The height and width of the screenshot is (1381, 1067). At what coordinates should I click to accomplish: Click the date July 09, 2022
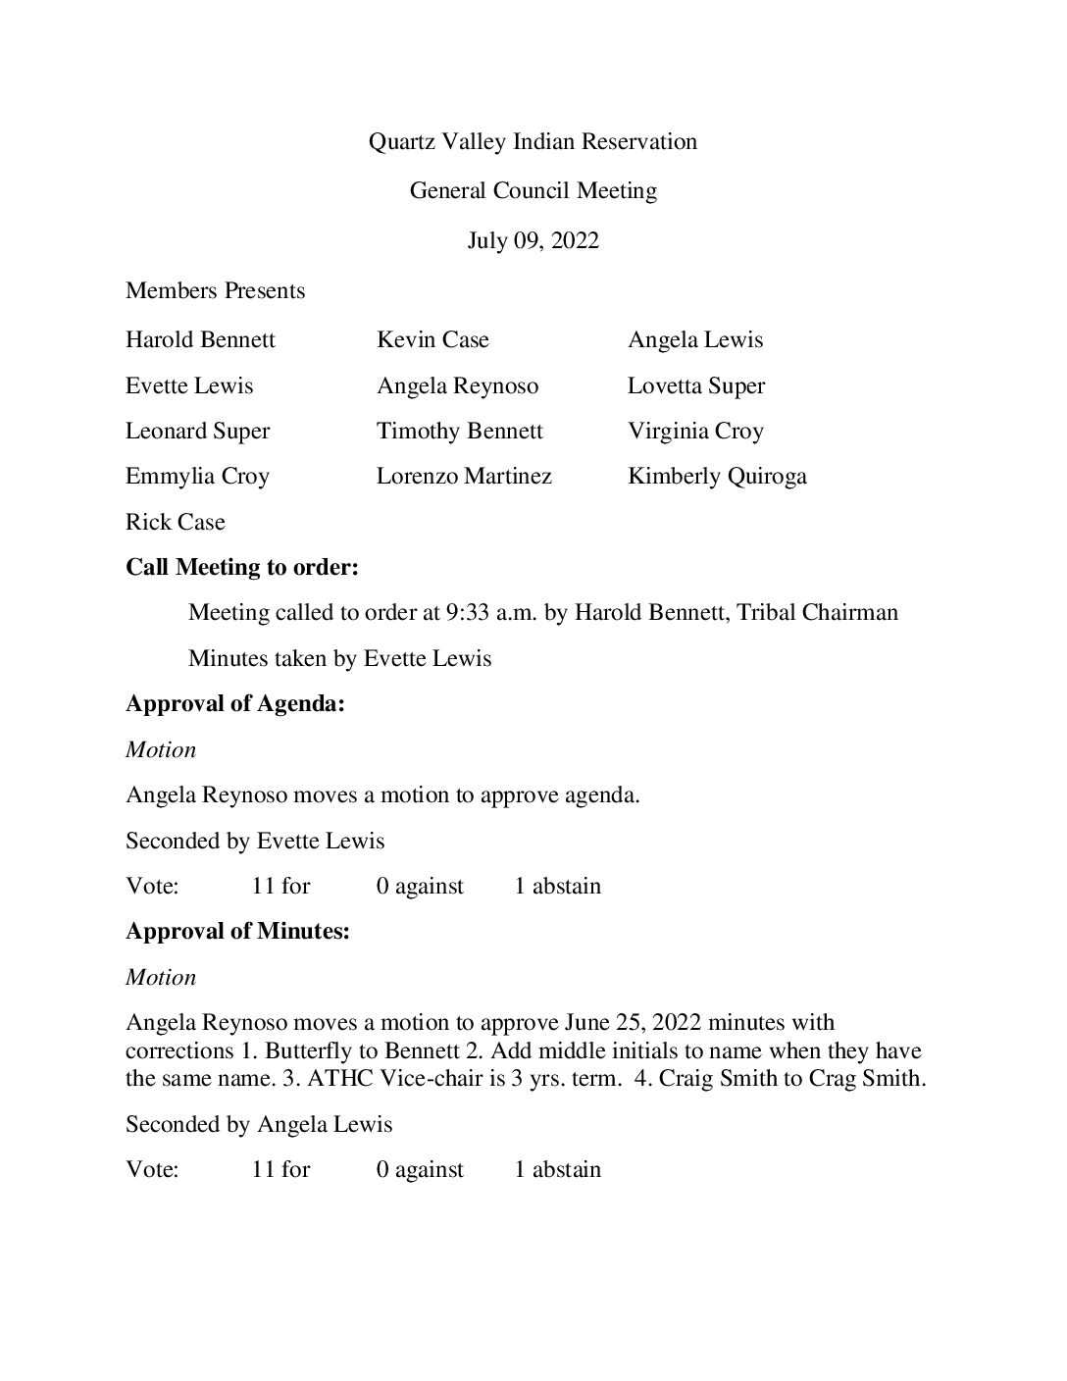533,241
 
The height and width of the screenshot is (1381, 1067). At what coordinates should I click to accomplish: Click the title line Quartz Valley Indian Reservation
533,142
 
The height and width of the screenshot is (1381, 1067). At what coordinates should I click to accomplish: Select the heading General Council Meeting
533,191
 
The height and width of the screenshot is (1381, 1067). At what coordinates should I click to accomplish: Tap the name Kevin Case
432,340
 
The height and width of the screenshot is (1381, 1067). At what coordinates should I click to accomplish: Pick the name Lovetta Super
696,386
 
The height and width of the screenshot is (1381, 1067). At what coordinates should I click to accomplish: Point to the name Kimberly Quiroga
717,477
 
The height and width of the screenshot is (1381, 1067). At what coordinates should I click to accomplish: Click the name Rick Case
176,522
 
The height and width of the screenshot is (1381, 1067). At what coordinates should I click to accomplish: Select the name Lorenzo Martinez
464,477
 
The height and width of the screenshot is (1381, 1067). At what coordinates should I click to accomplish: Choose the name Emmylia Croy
197,477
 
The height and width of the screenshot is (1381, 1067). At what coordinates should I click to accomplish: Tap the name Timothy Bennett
459,432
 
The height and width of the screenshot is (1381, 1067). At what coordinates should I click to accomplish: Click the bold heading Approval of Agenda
235,704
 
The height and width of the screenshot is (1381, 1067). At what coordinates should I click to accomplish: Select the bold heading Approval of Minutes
237,932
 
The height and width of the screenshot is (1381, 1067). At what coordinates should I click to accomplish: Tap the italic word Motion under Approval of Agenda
161,750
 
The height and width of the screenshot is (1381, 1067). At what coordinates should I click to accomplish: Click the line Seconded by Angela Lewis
259,1125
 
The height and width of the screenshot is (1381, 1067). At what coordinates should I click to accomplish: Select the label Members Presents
216,291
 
